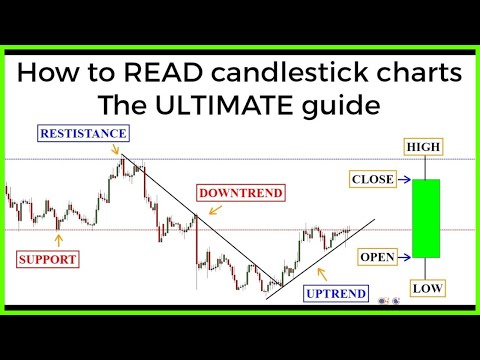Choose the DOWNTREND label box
pos(240,192)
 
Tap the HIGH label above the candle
pos(422,147)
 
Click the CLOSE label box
pos(372,180)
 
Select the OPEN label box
pos(376,257)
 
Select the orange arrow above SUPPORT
pos(58,238)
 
